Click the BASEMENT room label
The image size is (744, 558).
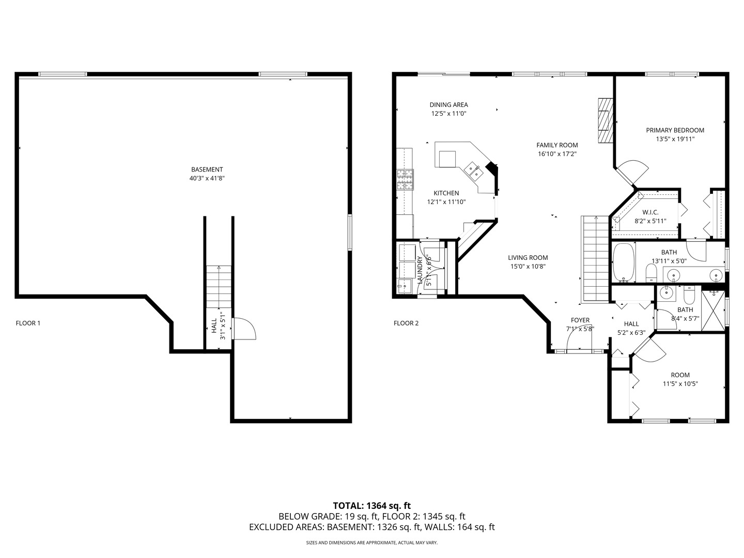(207, 169)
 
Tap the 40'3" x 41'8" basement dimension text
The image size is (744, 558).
(207, 178)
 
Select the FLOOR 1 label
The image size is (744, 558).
(28, 323)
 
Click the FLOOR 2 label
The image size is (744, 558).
(406, 323)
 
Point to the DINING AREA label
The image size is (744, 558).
(448, 105)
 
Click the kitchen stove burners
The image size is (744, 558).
(405, 180)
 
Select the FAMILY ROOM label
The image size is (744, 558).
(557, 145)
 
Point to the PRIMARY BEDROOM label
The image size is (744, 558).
(675, 130)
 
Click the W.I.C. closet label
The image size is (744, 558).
(650, 212)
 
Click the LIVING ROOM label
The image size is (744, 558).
(528, 258)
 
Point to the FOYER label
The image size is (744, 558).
(580, 320)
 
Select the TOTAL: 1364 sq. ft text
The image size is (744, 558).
(371, 505)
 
